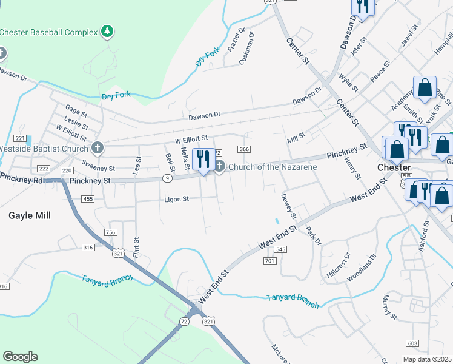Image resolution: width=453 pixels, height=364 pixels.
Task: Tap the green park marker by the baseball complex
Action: click(x=107, y=31)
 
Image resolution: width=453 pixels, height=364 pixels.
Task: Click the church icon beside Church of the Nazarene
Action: click(x=219, y=166)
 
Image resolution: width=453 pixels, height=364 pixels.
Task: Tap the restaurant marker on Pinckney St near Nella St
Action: click(x=202, y=160)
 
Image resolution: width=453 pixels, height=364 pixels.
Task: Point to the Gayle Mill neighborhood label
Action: click(x=30, y=215)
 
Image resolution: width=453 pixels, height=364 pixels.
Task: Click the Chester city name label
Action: click(x=394, y=167)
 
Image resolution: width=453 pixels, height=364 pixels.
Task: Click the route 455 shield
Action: click(x=88, y=199)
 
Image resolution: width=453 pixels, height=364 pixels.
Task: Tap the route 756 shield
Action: click(x=110, y=232)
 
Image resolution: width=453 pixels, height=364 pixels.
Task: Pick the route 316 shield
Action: click(x=88, y=247)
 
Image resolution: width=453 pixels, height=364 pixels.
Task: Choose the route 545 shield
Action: click(x=280, y=249)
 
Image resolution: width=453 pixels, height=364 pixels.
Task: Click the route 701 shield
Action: click(x=270, y=261)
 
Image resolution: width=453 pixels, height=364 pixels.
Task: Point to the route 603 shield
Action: click(x=412, y=343)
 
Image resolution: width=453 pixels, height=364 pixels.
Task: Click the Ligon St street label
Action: click(x=177, y=199)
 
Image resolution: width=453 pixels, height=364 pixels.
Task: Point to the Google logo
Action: click(x=21, y=357)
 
